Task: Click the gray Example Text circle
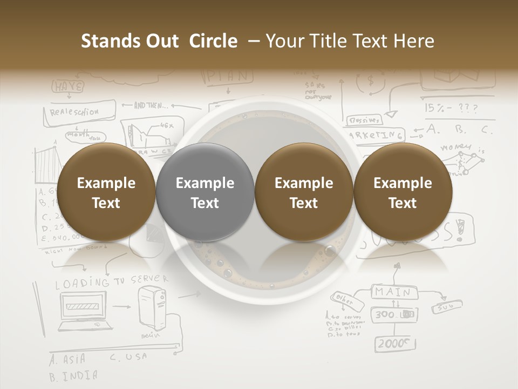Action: pyautogui.click(x=205, y=193)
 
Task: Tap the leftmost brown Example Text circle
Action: pyautogui.click(x=106, y=193)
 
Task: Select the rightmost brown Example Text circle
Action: pyautogui.click(x=403, y=193)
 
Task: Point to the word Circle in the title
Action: pyautogui.click(x=213, y=41)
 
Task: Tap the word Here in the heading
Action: pyautogui.click(x=414, y=41)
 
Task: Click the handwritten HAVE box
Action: pyautogui.click(x=69, y=86)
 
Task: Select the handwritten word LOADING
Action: pyautogui.click(x=82, y=283)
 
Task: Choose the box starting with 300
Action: pyautogui.click(x=393, y=314)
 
